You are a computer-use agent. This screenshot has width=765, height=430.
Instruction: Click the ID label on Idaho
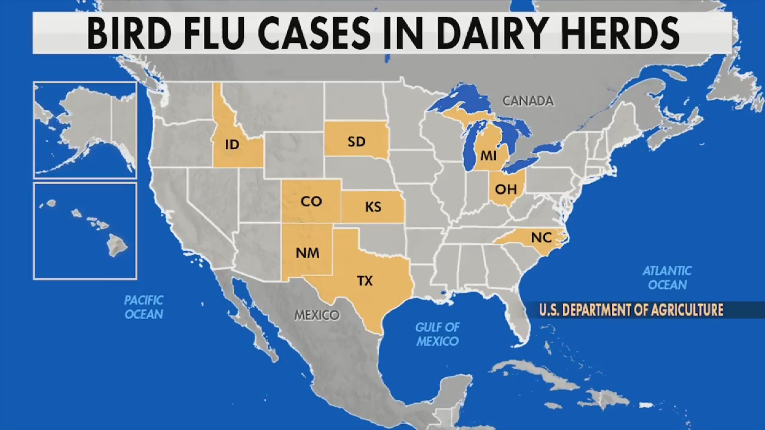pyautogui.click(x=232, y=145)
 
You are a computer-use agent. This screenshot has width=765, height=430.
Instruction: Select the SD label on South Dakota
pyautogui.click(x=356, y=142)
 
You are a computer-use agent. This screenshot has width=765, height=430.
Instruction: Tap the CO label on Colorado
pyautogui.click(x=311, y=201)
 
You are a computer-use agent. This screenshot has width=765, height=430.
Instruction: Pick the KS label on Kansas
pyautogui.click(x=373, y=207)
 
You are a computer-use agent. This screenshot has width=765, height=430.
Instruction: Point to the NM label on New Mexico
pyautogui.click(x=307, y=253)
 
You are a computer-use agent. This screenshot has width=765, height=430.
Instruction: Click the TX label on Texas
pyautogui.click(x=365, y=281)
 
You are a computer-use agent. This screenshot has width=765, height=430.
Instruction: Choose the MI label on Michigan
pyautogui.click(x=488, y=156)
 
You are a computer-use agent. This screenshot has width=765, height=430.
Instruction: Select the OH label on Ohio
pyautogui.click(x=506, y=189)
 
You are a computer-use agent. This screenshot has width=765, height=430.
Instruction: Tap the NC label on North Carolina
pyautogui.click(x=541, y=238)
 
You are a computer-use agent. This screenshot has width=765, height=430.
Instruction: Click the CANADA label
pyautogui.click(x=528, y=101)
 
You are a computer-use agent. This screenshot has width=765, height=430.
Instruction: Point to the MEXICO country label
pyautogui.click(x=317, y=315)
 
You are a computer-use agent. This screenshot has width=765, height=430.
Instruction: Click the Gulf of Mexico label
pyautogui.click(x=437, y=334)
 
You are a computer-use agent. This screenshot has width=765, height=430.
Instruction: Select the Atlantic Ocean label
pyautogui.click(x=667, y=278)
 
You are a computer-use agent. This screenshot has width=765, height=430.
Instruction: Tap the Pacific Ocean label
pyautogui.click(x=143, y=307)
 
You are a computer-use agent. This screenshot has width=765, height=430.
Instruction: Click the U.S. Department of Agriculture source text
pyautogui.click(x=631, y=310)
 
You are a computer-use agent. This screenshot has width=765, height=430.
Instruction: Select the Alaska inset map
pyautogui.click(x=85, y=130)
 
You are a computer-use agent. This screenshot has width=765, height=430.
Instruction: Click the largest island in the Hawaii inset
pyautogui.click(x=118, y=244)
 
